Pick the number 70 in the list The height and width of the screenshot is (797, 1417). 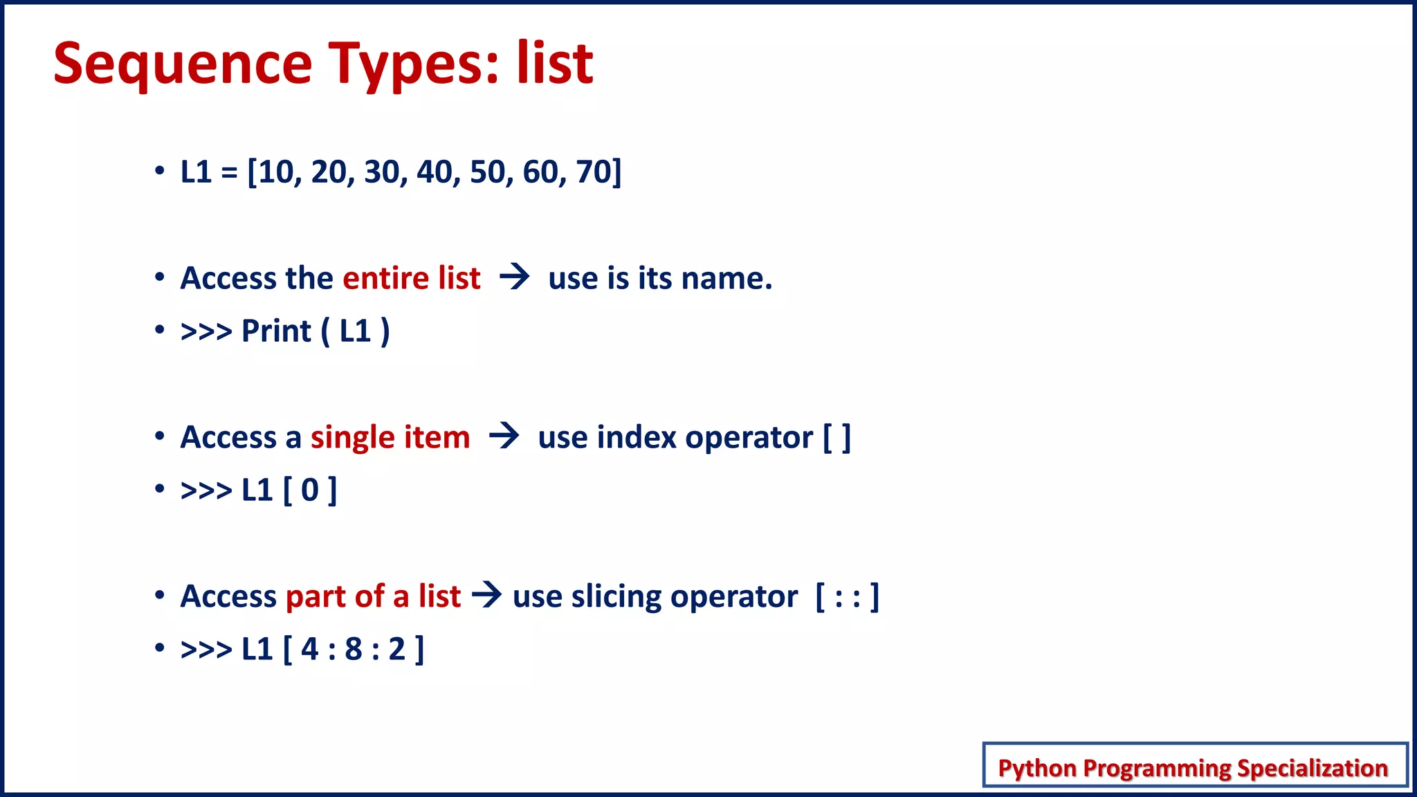pyautogui.click(x=594, y=172)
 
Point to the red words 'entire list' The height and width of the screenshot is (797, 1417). pyautogui.click(x=411, y=278)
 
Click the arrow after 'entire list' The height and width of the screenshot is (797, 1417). pyautogui.click(x=515, y=277)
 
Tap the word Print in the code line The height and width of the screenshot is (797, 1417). pyautogui.click(x=276, y=331)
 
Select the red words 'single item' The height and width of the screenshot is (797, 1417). pyautogui.click(x=390, y=437)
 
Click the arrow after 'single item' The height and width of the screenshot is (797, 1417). pyautogui.click(x=504, y=437)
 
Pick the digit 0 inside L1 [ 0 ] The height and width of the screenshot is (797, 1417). pyautogui.click(x=310, y=491)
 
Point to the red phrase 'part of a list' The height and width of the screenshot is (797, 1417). pyautogui.click(x=373, y=596)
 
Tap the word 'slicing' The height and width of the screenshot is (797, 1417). pyautogui.click(x=616, y=596)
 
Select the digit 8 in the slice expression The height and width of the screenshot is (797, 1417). pyautogui.click(x=354, y=649)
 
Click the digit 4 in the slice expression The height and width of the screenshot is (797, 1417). pyautogui.click(x=309, y=649)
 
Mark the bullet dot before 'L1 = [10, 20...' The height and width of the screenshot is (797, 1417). pyautogui.click(x=160, y=170)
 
